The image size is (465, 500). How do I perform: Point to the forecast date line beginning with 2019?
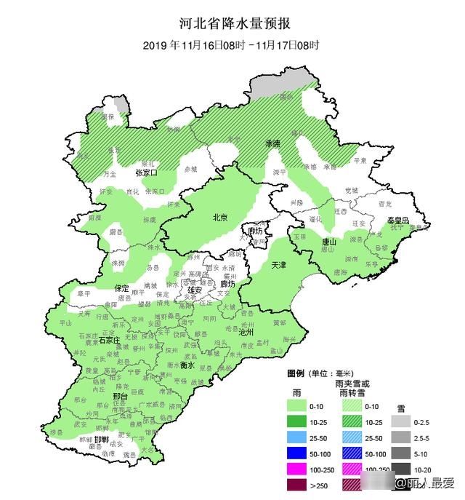(x=230, y=44)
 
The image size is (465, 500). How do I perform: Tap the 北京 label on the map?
(x=219, y=217)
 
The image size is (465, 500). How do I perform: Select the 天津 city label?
(x=280, y=264)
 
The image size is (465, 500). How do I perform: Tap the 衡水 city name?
(x=187, y=365)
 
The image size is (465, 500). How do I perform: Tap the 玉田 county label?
(x=299, y=237)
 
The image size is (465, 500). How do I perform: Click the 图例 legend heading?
(x=296, y=373)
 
